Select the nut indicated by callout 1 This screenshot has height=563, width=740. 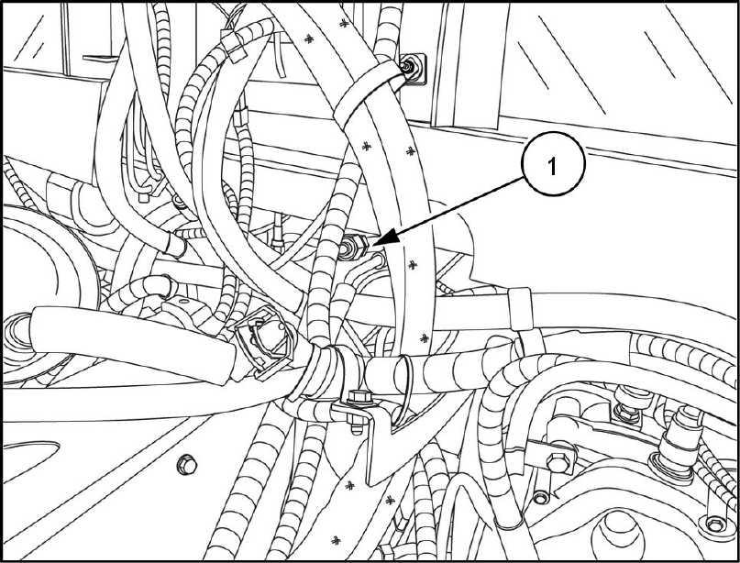pos(353,248)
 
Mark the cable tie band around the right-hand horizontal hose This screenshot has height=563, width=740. pos(517,306)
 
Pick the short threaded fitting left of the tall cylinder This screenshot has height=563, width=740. pos(629,403)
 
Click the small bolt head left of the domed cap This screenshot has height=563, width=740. pos(541,498)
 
